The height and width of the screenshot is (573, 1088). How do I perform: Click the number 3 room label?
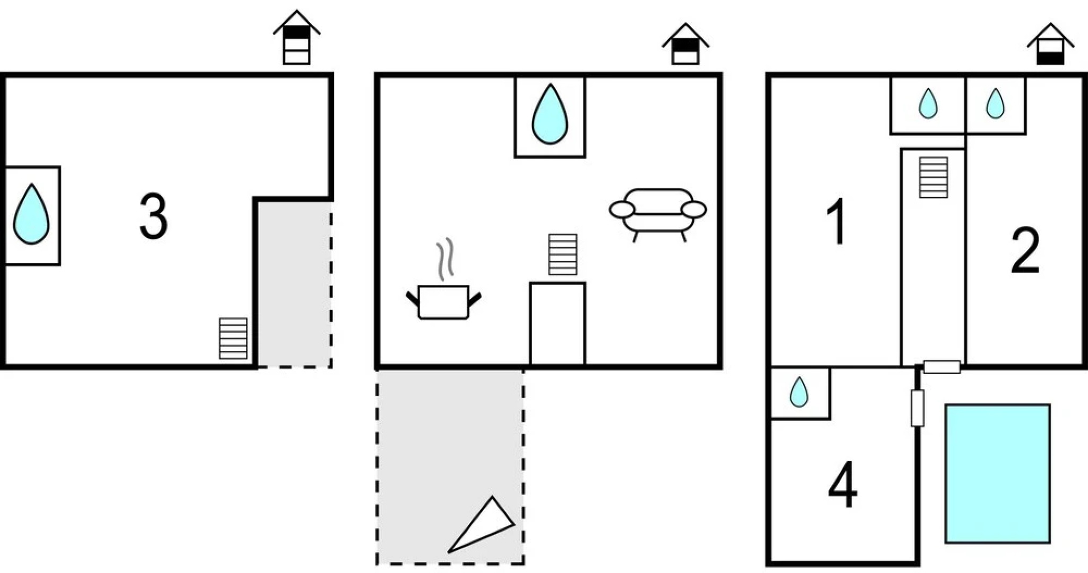[x=153, y=216]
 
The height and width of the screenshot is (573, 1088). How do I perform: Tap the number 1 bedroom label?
[x=836, y=222]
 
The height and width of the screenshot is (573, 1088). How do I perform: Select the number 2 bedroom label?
[x=1025, y=251]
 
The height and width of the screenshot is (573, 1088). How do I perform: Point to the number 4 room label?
[x=843, y=484]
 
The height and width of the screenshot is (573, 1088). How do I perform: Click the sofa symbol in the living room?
[x=658, y=213]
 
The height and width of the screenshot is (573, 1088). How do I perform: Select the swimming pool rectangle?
[x=997, y=473]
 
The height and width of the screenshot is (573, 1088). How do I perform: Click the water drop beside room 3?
[x=31, y=214]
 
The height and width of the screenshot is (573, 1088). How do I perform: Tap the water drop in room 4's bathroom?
[x=799, y=392]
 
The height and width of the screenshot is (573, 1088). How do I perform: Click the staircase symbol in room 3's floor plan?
[x=233, y=338]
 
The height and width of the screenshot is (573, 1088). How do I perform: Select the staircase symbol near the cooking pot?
[x=562, y=254]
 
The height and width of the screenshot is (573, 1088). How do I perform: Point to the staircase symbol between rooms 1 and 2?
[x=933, y=177]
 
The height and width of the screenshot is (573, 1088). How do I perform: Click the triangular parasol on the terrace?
[x=482, y=525]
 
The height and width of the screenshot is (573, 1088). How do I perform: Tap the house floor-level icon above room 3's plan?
[x=296, y=38]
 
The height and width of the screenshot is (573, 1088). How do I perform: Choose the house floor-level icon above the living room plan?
[x=685, y=45]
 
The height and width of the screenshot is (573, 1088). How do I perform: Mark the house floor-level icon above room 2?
[x=1050, y=45]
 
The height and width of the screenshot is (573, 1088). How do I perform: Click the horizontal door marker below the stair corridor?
[x=941, y=367]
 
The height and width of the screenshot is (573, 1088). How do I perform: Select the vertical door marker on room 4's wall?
[x=917, y=408]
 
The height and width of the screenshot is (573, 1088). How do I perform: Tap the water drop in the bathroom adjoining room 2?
[x=995, y=103]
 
